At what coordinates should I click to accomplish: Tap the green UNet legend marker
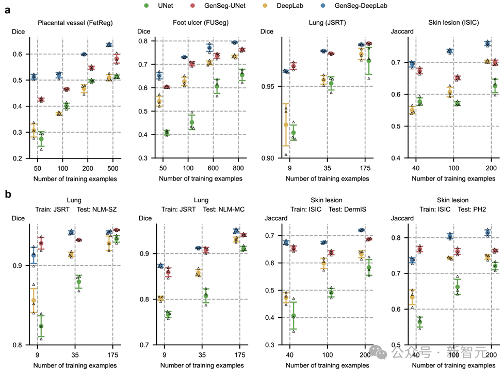click(147, 6)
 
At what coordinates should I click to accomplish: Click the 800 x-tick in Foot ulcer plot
click(238, 169)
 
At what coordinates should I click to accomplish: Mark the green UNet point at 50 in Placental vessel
click(41, 139)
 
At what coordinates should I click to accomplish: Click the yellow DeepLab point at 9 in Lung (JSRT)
click(286, 124)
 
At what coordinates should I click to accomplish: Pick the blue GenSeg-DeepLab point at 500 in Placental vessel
click(109, 45)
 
